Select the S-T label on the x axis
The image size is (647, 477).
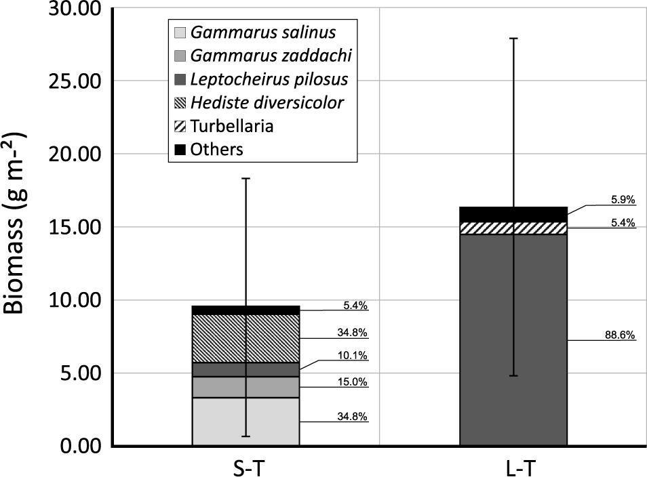click(x=246, y=467)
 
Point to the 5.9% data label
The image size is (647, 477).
click(x=623, y=201)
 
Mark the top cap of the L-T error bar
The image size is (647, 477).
click(x=513, y=39)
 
